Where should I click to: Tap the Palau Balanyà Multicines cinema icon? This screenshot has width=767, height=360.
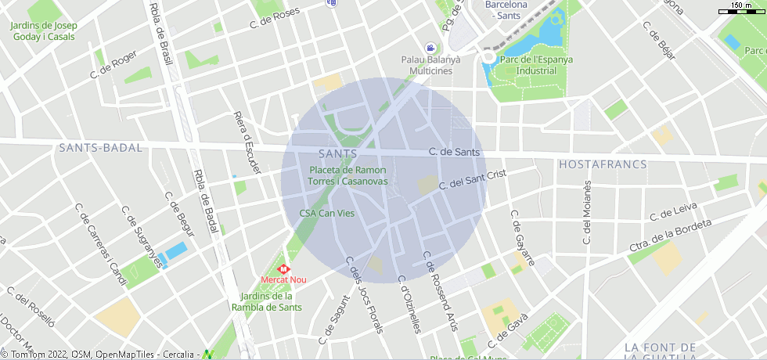click(x=430, y=49)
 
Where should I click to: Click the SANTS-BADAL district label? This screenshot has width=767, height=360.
click(x=100, y=148)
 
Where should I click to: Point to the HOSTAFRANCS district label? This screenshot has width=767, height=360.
click(x=602, y=164)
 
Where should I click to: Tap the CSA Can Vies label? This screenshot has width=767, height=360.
click(x=327, y=213)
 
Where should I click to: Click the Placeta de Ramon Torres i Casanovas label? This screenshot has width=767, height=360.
click(x=347, y=175)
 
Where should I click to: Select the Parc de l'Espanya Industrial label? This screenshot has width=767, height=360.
click(x=536, y=65)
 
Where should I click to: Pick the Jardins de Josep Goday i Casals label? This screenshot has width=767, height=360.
click(x=43, y=31)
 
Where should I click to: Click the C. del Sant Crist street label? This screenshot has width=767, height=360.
click(x=473, y=180)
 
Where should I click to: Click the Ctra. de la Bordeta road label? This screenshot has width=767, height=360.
click(x=671, y=233)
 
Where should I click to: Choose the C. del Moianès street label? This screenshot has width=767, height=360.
click(x=587, y=213)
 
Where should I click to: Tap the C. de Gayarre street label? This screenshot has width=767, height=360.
click(x=522, y=238)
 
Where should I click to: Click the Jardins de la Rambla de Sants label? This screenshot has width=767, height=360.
click(x=266, y=301)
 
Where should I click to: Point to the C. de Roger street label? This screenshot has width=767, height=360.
click(x=113, y=64)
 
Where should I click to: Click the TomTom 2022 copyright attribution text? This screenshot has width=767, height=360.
click(x=47, y=355)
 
